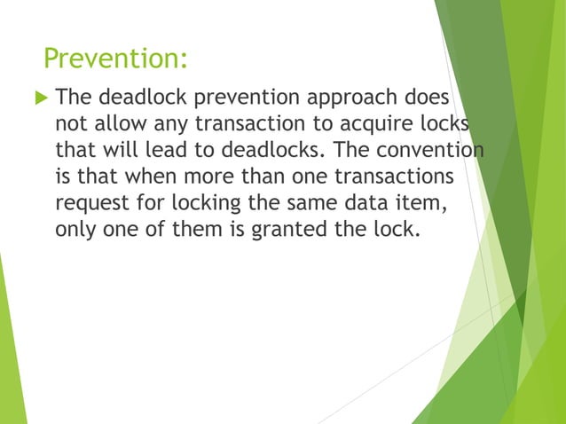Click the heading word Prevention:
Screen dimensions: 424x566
pyautogui.click(x=115, y=59)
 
